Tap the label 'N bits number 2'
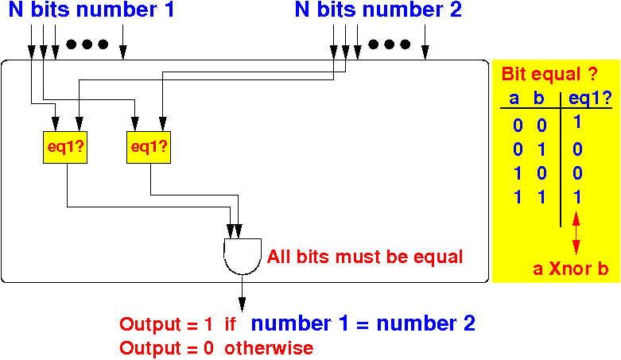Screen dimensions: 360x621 (378, 11)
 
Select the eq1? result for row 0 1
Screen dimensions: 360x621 (577, 149)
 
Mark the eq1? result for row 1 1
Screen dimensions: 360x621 (577, 196)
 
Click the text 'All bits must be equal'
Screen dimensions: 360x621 (365, 257)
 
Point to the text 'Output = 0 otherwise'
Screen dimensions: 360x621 (216, 348)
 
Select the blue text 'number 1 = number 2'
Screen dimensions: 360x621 (363, 323)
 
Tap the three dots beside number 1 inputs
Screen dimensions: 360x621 (87, 45)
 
